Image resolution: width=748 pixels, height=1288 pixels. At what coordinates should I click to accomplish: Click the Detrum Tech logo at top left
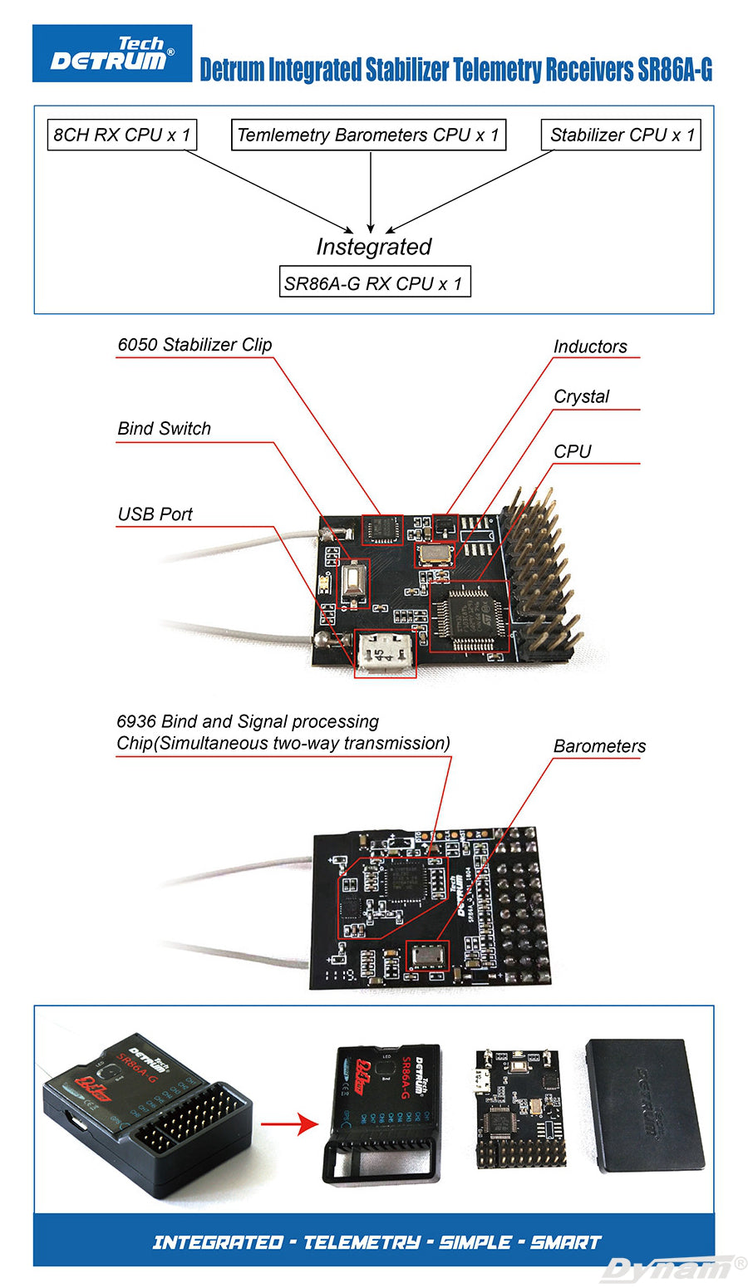112,53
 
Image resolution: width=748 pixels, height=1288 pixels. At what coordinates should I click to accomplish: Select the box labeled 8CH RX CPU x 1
121,135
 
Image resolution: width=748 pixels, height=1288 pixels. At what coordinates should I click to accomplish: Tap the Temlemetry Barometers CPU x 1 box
368,135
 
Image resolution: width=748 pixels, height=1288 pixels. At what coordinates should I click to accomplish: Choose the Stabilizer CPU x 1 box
622,135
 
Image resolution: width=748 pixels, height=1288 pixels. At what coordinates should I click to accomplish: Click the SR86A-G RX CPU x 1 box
373,283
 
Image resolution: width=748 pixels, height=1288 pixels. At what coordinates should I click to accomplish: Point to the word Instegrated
373,247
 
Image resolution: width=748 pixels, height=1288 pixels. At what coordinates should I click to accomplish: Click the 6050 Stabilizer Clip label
194,345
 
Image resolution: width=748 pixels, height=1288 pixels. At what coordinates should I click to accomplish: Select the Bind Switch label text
164,429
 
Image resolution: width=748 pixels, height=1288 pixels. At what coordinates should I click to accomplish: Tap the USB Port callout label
155,514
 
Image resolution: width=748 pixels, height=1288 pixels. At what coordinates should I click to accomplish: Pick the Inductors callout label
590,347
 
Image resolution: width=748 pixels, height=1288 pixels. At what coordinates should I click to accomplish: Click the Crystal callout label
581,397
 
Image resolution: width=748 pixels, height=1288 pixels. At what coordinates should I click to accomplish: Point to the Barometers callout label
599,746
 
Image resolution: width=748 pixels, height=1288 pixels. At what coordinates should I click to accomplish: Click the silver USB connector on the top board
384,653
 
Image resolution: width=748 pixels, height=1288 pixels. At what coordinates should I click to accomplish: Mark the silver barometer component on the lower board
427,956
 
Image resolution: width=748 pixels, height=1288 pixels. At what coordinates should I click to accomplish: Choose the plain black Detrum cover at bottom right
646,1104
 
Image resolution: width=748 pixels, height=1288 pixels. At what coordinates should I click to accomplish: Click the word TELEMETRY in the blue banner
362,1242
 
